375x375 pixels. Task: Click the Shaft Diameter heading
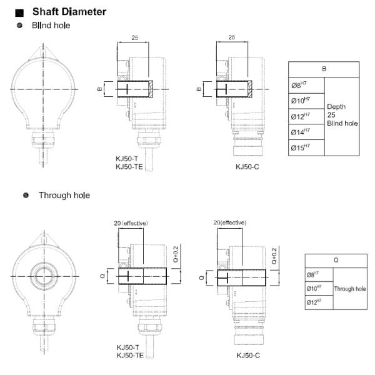[69, 12]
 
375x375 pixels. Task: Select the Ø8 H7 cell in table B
[306, 85]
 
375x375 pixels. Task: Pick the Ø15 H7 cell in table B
[306, 147]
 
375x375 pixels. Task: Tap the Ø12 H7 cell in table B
[306, 116]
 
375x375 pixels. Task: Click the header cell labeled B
[324, 69]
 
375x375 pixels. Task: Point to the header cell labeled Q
[336, 261]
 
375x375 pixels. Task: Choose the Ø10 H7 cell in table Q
[319, 288]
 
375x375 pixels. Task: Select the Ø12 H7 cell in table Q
[319, 302]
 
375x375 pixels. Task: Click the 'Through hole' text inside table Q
[350, 289]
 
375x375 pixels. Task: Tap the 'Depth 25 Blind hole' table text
[342, 115]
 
